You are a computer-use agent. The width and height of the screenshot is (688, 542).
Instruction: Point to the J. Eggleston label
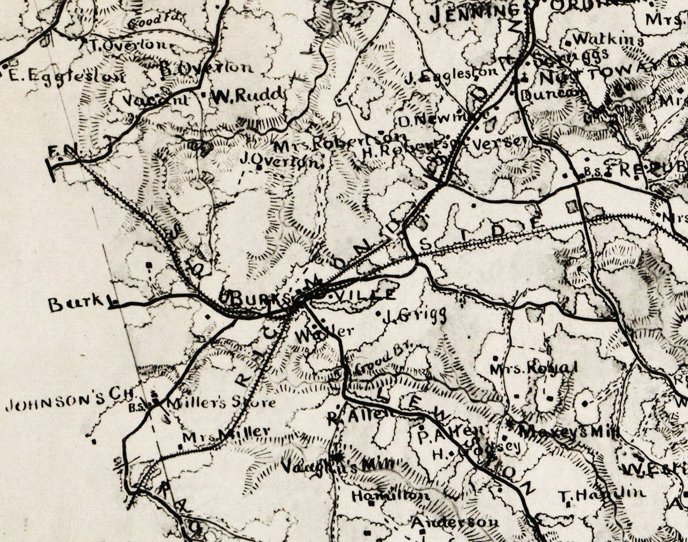pyautogui.click(x=451, y=72)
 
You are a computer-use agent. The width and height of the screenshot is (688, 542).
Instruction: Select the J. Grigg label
pyautogui.click(x=415, y=315)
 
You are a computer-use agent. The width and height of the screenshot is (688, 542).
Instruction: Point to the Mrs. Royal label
pyautogui.click(x=533, y=368)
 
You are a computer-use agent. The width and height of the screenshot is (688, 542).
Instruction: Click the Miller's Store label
pyautogui.click(x=222, y=403)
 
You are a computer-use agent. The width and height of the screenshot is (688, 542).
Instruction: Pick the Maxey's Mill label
pyautogui.click(x=570, y=431)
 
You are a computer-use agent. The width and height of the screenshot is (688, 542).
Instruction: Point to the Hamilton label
pyautogui.click(x=390, y=496)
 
